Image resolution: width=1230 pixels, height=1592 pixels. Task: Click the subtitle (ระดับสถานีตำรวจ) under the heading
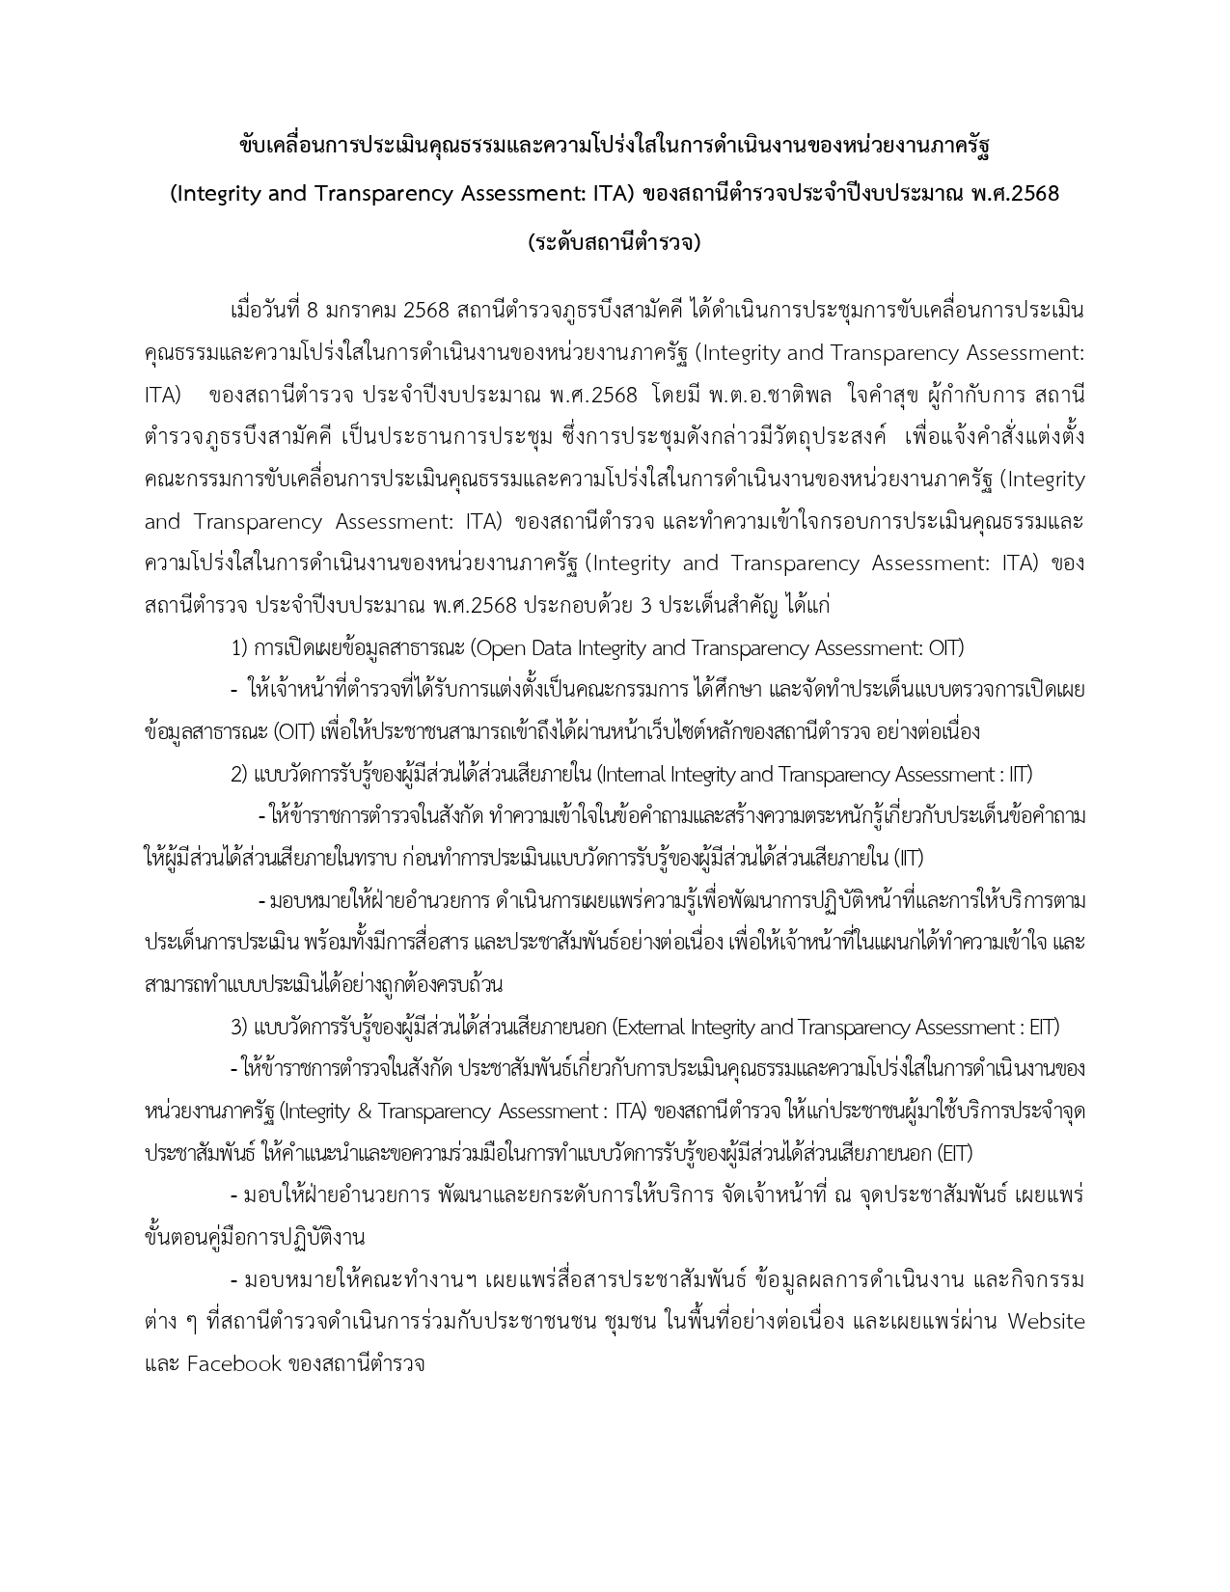[615, 242]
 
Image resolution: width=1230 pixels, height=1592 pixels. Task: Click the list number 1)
[240, 648]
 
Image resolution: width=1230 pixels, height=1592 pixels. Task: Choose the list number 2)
[240, 774]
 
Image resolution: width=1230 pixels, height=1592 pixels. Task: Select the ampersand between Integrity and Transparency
[363, 1112]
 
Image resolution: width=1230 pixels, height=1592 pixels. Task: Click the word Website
[1046, 1322]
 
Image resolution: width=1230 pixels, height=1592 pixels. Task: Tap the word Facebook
[234, 1364]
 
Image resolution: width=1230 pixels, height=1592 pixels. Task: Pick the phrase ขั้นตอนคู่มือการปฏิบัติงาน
[255, 1238]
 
